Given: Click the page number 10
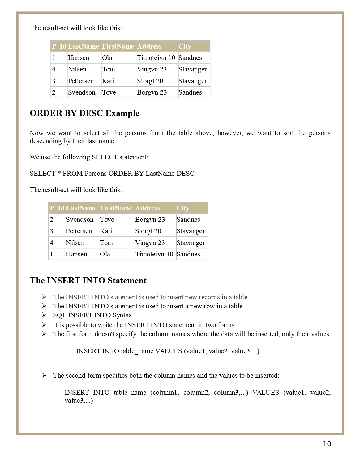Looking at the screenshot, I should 327,444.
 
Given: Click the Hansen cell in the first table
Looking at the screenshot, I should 79,58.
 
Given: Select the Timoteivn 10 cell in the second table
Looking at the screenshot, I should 154,254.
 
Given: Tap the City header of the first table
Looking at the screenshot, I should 185,46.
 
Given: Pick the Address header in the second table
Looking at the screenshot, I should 147,208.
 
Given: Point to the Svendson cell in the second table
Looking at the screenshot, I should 79,220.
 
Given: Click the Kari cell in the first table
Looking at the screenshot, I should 108,81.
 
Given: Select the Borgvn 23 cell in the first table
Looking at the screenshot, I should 152,92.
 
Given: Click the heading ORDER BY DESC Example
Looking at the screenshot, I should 84,113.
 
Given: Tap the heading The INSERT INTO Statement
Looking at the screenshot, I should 88,281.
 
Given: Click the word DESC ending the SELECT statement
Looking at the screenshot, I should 185,174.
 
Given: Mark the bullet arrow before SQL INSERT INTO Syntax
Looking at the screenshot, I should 44,315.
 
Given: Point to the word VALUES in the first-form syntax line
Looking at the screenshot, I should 168,351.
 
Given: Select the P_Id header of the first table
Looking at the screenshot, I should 59,46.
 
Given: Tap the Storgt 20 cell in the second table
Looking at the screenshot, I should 148,231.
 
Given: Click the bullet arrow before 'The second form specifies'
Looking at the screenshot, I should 44,376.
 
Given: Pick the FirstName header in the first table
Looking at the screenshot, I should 118,46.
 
